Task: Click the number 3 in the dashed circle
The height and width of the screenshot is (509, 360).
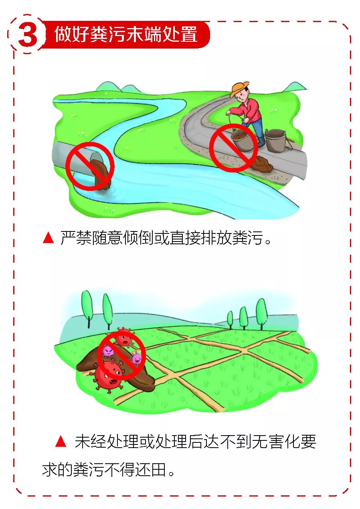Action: point(28,35)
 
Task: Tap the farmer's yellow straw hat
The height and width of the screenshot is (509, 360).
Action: point(240,89)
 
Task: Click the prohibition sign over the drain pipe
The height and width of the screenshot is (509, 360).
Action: point(90,166)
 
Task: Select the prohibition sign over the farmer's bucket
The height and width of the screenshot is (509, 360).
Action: point(233,148)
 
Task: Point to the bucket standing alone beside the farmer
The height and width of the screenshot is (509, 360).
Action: point(275,141)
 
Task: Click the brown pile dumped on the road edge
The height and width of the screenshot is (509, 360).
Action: point(263,163)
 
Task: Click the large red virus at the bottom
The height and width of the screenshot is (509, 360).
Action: point(107,376)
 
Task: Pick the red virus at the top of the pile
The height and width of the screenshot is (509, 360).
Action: point(124,337)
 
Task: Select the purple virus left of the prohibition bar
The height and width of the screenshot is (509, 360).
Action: point(108,351)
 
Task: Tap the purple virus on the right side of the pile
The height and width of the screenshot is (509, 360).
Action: point(137,358)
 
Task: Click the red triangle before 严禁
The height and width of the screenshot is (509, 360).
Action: point(48,238)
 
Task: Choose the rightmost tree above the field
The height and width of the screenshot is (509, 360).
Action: point(261,313)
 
